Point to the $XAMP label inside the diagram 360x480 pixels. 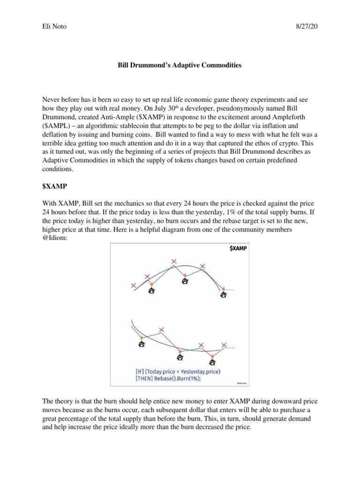click(x=238, y=248)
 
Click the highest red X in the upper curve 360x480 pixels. click(x=174, y=261)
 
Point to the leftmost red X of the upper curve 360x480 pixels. click(x=134, y=285)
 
